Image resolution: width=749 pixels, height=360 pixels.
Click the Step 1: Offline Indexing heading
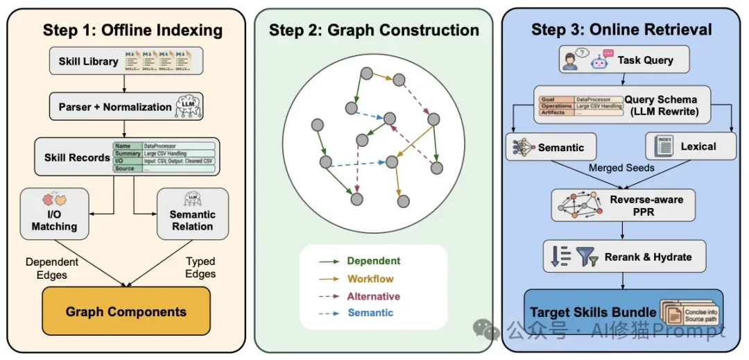(x=132, y=30)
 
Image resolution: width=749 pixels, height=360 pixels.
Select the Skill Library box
(x=125, y=61)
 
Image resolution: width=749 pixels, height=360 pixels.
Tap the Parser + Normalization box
(x=125, y=107)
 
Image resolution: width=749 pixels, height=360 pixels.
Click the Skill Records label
(x=77, y=157)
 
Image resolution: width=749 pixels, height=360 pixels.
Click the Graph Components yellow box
(x=126, y=311)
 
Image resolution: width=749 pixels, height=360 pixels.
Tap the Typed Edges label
(x=200, y=267)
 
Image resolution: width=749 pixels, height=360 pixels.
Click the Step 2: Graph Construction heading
(x=374, y=30)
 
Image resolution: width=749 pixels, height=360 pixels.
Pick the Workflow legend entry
(x=370, y=279)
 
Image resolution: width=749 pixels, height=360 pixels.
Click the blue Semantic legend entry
(x=370, y=313)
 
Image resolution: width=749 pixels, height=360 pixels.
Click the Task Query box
(x=623, y=60)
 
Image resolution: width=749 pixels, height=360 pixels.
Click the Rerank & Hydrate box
(x=624, y=257)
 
